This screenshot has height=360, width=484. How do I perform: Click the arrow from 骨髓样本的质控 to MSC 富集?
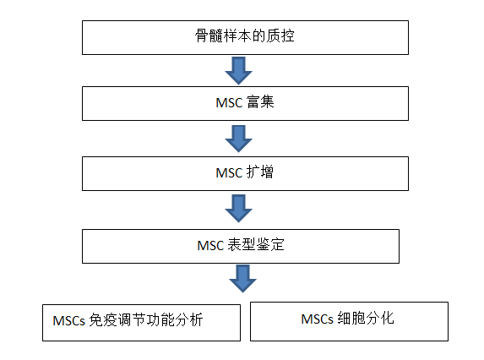coord(238,71)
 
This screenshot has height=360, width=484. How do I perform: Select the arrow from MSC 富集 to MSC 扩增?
coord(238,139)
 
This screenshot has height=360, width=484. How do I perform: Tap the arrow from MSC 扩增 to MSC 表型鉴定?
coord(238,209)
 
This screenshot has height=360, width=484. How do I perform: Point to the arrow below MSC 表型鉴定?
coord(242,279)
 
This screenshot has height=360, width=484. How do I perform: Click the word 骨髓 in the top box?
coord(209,35)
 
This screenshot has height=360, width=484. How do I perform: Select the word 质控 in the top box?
coord(280,35)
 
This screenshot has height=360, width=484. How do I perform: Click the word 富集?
coord(260,102)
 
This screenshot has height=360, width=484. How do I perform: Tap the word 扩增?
coord(260,172)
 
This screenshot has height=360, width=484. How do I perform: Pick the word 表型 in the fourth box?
coord(242,244)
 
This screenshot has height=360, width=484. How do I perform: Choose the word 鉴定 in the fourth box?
coord(270,244)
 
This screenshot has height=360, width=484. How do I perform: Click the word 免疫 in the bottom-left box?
coord(102,320)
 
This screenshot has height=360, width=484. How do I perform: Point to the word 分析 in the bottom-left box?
coord(189,320)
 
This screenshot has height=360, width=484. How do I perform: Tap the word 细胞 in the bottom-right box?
coord(351,319)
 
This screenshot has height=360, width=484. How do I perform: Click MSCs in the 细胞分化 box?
coord(317,319)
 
